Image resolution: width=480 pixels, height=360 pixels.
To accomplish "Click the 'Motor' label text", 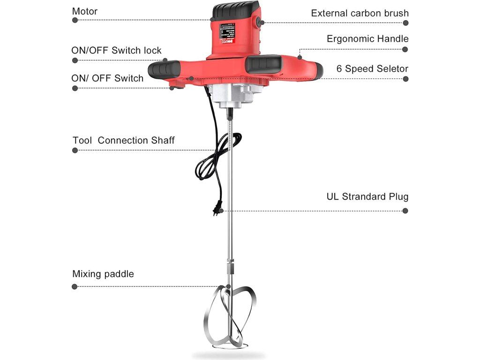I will point(85,11).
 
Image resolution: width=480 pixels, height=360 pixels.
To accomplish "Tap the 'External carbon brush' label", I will point(360,13).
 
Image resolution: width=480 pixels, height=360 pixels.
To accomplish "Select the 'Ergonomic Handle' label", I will point(367,39).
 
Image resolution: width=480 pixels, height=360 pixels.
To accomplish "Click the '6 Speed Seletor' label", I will point(372,68).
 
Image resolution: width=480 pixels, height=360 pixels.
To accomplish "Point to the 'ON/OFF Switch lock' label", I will point(116,50).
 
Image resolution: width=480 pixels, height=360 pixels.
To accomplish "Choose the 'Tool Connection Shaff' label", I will point(124,140).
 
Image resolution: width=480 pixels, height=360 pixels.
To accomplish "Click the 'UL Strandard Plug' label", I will point(367,196).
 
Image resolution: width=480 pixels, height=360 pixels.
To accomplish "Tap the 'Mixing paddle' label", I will point(103,274).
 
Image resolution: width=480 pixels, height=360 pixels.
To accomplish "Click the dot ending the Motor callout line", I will point(75,20).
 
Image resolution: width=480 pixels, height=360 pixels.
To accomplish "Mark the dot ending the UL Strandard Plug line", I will point(405,211).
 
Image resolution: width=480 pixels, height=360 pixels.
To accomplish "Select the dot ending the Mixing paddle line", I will point(75,286).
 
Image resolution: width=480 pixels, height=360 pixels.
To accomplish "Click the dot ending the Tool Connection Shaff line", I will point(75,150).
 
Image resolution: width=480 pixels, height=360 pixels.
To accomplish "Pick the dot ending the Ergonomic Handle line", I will point(405,49).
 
